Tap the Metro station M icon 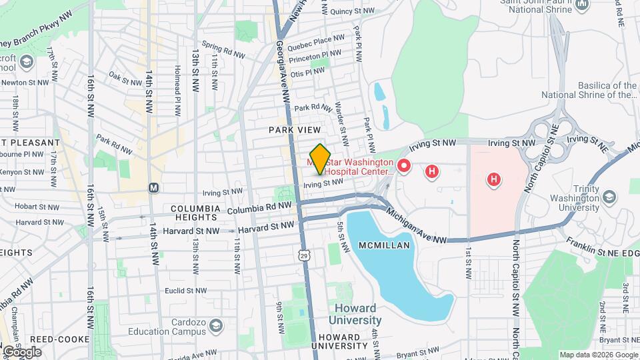(x=153, y=188)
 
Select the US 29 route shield (x=304, y=255)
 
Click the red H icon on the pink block (x=493, y=179)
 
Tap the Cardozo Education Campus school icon (x=215, y=325)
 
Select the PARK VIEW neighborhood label (x=295, y=129)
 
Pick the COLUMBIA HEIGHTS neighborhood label (x=195, y=209)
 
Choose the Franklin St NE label (x=593, y=253)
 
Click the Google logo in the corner (x=22, y=351)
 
